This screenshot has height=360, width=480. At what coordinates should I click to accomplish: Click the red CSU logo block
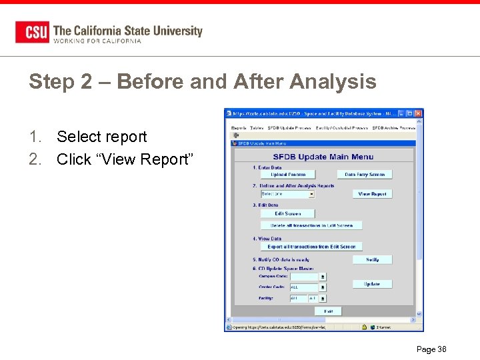[32, 32]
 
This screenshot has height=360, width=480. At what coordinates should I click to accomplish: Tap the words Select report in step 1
[101, 137]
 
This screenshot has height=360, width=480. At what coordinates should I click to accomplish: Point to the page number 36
[431, 349]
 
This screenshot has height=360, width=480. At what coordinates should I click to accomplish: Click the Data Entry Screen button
[365, 175]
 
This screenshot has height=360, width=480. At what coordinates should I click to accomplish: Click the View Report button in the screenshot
[372, 194]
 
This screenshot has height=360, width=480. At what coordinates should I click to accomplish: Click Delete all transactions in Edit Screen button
[311, 226]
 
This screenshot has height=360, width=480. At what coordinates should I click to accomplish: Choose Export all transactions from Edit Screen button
[311, 247]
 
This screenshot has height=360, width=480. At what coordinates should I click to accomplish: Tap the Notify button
[372, 260]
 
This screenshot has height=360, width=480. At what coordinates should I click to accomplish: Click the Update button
[372, 284]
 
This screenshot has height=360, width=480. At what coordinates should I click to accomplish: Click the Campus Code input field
[303, 276]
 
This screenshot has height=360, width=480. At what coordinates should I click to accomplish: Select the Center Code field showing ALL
[303, 287]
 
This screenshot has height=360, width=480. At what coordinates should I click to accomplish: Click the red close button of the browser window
[418, 114]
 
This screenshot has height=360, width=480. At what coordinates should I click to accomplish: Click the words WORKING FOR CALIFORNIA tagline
[97, 41]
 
